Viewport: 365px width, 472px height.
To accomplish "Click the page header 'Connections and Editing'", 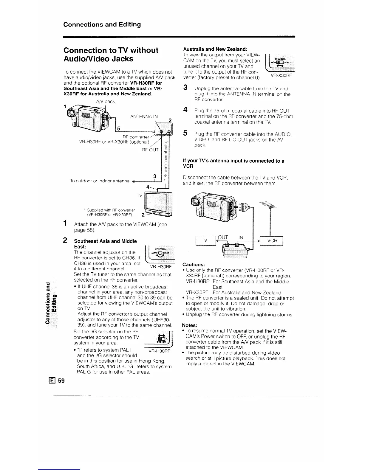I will [x=102, y=24].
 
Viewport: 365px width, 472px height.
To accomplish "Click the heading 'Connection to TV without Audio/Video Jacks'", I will [x=111, y=54].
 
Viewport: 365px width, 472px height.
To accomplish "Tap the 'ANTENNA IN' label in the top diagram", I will [x=144, y=116].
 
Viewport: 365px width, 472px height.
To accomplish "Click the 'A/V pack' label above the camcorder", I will [x=105, y=102].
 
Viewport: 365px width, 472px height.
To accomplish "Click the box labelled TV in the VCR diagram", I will [x=205, y=240].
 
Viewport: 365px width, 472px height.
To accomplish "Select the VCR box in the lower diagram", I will [x=271, y=240].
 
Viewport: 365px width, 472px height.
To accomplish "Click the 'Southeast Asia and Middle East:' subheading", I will [x=105, y=244].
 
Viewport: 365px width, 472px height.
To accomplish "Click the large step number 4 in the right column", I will [x=185, y=110].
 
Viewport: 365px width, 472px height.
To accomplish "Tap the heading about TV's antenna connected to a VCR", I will [x=233, y=163].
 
